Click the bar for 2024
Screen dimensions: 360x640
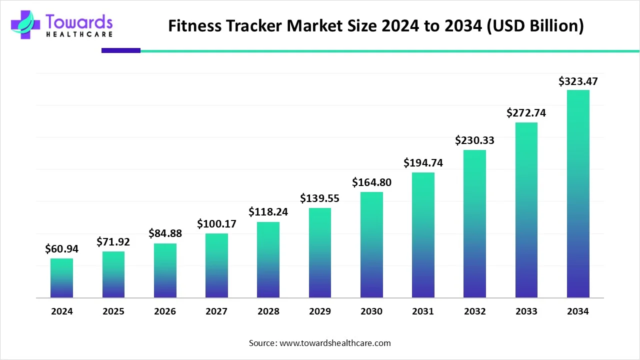tap(61, 278)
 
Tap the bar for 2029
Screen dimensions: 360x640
tap(319, 253)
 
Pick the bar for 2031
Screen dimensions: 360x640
tap(423, 235)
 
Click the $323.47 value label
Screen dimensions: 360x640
tap(578, 81)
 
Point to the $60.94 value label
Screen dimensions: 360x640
tap(61, 248)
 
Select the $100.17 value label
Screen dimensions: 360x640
tap(216, 223)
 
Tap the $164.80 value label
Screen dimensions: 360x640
tap(371, 182)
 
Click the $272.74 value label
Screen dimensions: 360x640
tap(526, 113)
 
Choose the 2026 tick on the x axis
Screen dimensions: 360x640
tap(165, 311)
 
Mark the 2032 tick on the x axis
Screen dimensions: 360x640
tap(474, 311)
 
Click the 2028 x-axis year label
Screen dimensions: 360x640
tap(268, 311)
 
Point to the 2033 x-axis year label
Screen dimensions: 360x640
tap(526, 311)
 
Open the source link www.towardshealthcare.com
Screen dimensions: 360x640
tap(335, 343)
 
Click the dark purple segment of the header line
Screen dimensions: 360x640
tap(121, 50)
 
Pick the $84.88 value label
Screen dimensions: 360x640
tap(165, 233)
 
